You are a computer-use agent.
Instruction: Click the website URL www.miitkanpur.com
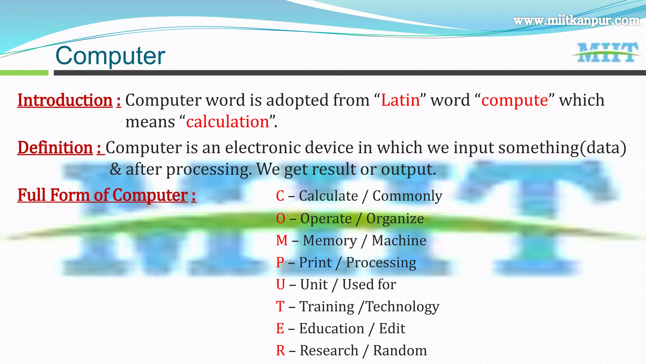pyautogui.click(x=576, y=21)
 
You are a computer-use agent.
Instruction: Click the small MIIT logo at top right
pyautogui.click(x=606, y=53)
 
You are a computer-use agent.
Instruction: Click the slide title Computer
pyautogui.click(x=110, y=56)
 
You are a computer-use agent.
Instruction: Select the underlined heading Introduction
pyautogui.click(x=65, y=100)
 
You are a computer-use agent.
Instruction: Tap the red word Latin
pyautogui.click(x=400, y=100)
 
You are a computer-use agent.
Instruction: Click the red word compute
pyautogui.click(x=515, y=100)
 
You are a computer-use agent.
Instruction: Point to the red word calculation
pyautogui.click(x=227, y=122)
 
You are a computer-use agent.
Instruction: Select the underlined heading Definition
pyautogui.click(x=55, y=148)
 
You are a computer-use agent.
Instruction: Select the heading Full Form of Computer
pyautogui.click(x=103, y=195)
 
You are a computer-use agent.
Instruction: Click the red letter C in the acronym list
pyautogui.click(x=280, y=196)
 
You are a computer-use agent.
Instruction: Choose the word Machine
pyautogui.click(x=399, y=241)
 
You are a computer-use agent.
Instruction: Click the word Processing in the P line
pyautogui.click(x=381, y=263)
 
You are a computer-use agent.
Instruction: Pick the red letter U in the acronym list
pyautogui.click(x=280, y=285)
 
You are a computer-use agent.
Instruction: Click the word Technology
pyautogui.click(x=402, y=307)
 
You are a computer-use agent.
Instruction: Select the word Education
pyautogui.click(x=332, y=329)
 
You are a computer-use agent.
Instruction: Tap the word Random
pyautogui.click(x=400, y=351)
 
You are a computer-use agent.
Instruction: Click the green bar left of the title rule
pyautogui.click(x=24, y=73)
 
